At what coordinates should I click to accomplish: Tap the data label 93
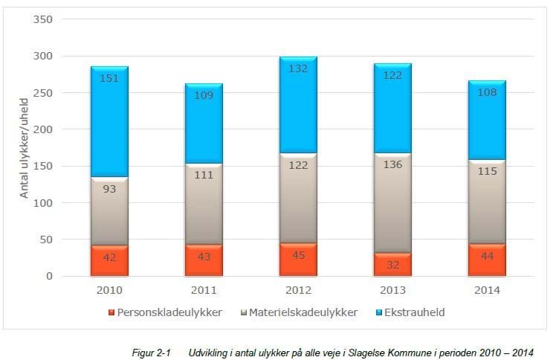[109, 189]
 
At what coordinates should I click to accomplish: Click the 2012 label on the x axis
[298, 290]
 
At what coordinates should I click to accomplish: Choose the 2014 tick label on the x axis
[487, 290]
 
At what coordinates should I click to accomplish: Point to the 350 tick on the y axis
[43, 19]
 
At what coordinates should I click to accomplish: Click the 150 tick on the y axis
[43, 166]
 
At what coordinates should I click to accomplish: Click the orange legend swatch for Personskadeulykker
[112, 313]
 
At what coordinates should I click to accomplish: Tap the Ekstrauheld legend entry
[414, 312]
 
